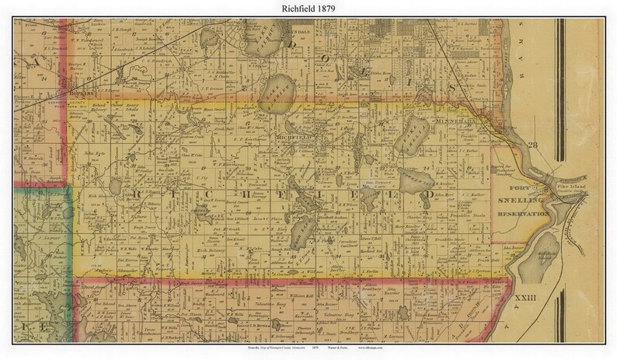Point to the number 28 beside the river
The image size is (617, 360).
click(532, 145)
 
